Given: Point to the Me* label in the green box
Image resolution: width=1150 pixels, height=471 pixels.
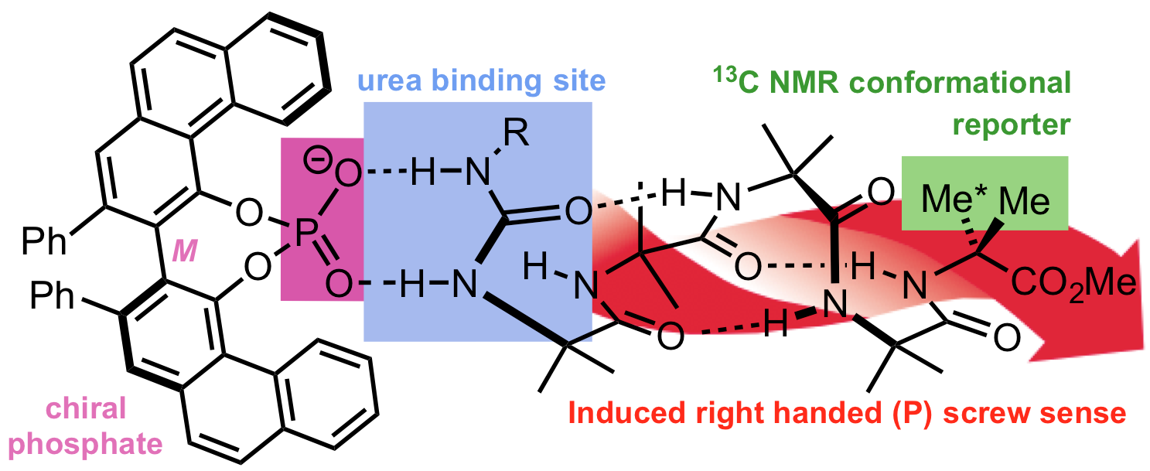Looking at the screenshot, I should pyautogui.click(x=952, y=202).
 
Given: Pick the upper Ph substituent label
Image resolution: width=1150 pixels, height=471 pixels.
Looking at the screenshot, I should pyautogui.click(x=45, y=241).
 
